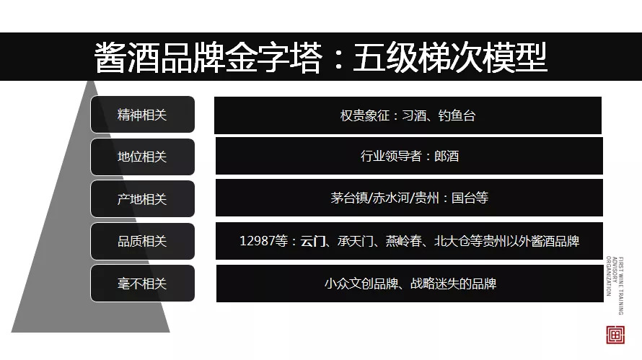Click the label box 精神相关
(142, 115)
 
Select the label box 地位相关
(142, 157)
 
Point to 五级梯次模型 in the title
(449, 58)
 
